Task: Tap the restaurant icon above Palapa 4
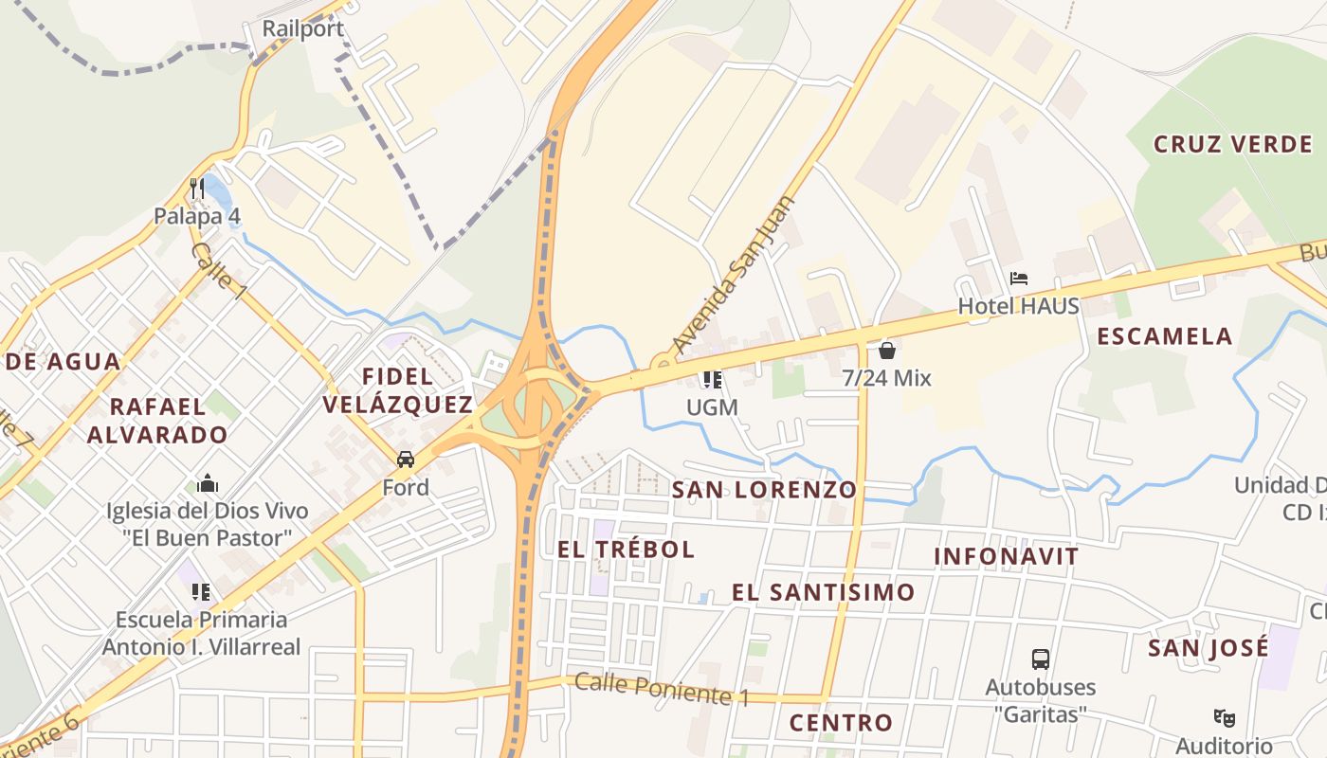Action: tap(197, 188)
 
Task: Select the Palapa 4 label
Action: tap(197, 216)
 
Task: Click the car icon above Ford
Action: tap(406, 460)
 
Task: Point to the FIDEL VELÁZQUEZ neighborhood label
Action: tap(398, 390)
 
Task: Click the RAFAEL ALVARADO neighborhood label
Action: tap(157, 421)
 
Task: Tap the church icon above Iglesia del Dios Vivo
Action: tap(208, 484)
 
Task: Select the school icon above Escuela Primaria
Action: tap(201, 592)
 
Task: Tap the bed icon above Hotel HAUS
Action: tap(1019, 279)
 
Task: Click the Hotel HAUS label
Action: tap(1019, 306)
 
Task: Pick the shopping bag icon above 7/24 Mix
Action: tap(887, 351)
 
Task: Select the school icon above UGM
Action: tap(713, 380)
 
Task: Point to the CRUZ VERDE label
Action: tap(1232, 145)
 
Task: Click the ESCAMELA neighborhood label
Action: tap(1165, 336)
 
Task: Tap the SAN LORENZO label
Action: tap(764, 490)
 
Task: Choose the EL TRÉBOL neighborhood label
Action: tap(626, 550)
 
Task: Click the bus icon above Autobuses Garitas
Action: tap(1041, 659)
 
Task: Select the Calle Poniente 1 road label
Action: tap(662, 689)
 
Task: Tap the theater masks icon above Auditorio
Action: tap(1225, 718)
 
